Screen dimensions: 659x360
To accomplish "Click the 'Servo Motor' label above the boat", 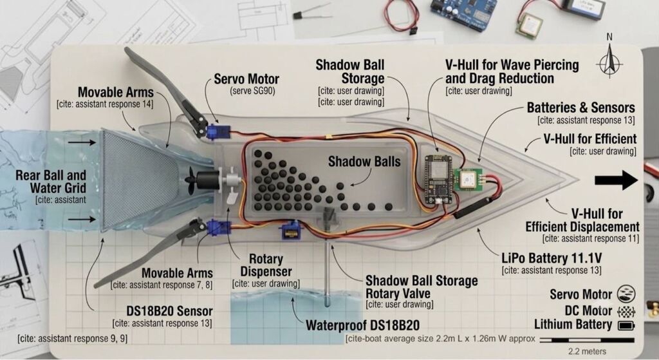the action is click(x=246, y=79).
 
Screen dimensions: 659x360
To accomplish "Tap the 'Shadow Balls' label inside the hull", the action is click(x=364, y=162).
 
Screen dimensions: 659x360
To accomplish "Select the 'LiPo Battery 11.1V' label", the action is click(x=552, y=258).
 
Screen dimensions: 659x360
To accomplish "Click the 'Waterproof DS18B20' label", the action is click(x=362, y=325).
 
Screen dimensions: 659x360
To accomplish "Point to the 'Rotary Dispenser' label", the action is click(x=266, y=265).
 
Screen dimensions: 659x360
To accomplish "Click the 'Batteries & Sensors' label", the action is click(x=581, y=108).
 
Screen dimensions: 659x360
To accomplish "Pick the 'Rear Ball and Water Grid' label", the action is click(x=50, y=181).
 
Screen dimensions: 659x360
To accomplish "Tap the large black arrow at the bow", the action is click(x=616, y=180).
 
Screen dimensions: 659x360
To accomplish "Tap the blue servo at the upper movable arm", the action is click(x=218, y=131).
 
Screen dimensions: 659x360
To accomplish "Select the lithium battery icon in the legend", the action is click(x=626, y=325).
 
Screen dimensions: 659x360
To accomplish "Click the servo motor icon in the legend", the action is click(x=626, y=294).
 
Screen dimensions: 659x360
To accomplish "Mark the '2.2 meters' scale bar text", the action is click(x=587, y=351).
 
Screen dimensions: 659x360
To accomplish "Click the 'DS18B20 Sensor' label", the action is click(x=169, y=311).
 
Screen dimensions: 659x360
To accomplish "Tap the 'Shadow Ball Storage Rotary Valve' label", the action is click(x=422, y=287).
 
